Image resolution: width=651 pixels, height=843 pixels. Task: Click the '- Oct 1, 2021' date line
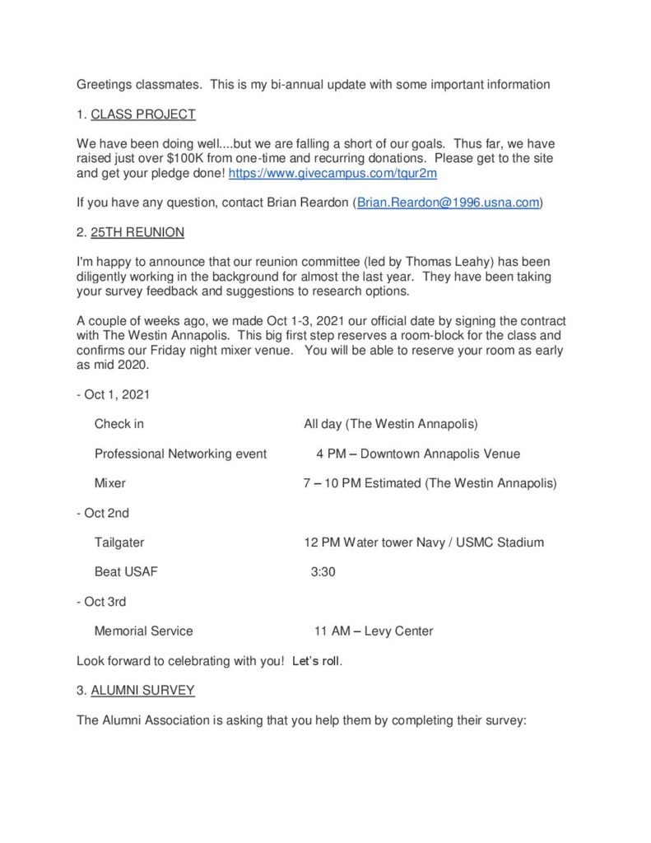[x=113, y=394]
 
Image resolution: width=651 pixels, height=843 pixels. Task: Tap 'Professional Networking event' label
[x=180, y=454]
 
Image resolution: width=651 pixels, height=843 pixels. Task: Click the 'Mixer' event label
[x=110, y=483]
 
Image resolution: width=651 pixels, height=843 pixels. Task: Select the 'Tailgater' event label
[x=119, y=543]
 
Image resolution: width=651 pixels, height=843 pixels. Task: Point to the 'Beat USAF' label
[x=126, y=572]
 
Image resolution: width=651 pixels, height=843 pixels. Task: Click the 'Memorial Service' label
[x=144, y=631]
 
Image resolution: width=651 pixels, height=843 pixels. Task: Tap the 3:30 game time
[x=323, y=572]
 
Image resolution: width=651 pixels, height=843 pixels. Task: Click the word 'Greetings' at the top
[x=105, y=84]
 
